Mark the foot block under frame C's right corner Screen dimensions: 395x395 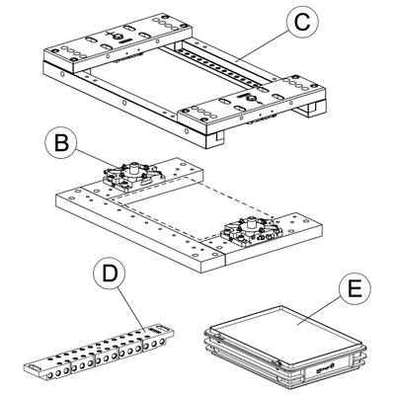click(310, 110)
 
